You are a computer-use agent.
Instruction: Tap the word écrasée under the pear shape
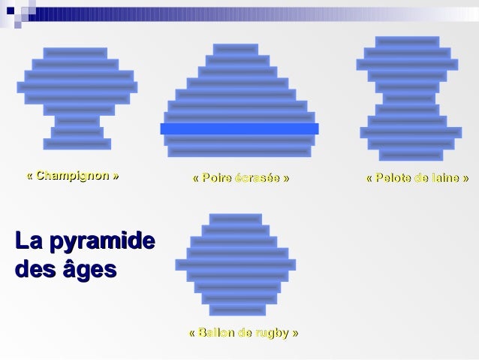256,178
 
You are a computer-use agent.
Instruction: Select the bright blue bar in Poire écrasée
239,129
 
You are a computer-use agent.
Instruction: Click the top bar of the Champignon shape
75,53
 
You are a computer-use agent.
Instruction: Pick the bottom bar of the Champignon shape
77,144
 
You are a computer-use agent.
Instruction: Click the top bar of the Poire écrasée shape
236,49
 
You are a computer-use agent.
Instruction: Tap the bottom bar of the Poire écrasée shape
239,151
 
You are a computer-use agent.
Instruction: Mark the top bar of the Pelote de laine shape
408,42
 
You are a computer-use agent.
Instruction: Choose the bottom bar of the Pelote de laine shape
411,155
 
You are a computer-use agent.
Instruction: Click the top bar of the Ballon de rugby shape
236,219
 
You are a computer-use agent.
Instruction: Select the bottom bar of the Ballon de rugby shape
237,310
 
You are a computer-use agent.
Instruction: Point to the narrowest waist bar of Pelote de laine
409,98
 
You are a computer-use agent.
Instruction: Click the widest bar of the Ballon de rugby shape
236,265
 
